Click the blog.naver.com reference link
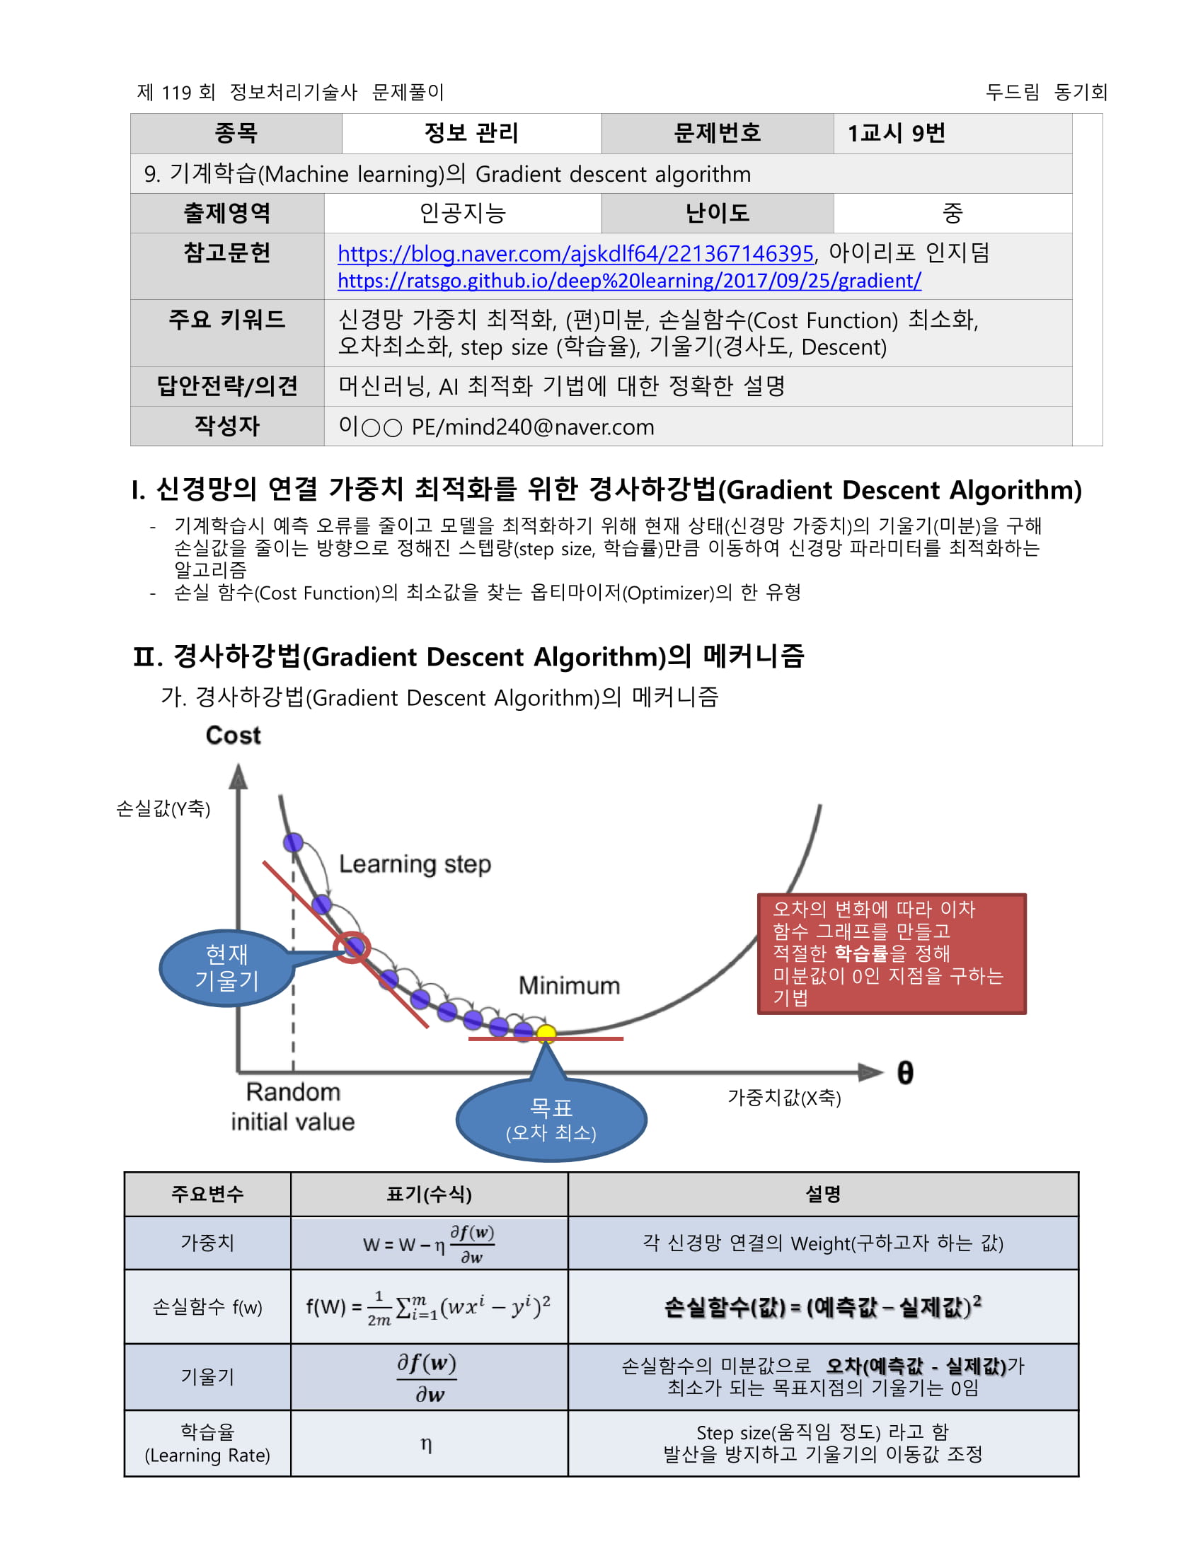575,254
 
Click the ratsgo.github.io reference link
628,281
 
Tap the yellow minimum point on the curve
546,1033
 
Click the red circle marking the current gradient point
352,947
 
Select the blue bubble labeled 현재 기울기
226,968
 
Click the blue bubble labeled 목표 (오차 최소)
551,1120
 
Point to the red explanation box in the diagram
891,953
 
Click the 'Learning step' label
415,864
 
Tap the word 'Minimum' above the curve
569,985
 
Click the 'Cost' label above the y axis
233,736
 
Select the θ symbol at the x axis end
904,1073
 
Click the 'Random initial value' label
292,1106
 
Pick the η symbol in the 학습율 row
426,1444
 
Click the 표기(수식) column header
429,1194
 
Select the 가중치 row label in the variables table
207,1243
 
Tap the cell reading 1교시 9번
896,133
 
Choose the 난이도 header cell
717,213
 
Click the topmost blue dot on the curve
293,843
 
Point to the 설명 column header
822,1194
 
